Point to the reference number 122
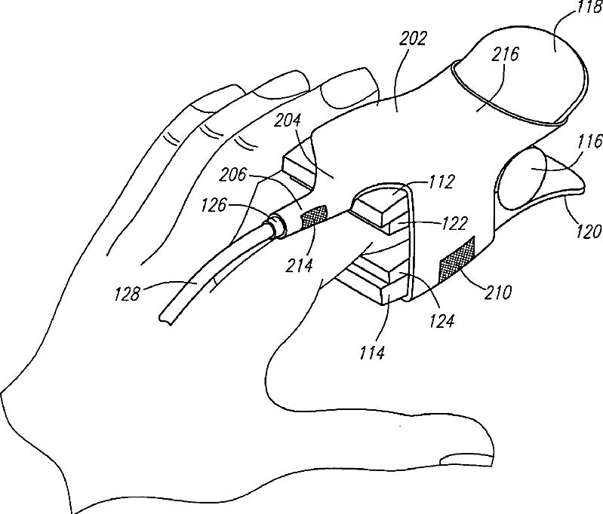(454, 223)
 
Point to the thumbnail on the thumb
(462, 457)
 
